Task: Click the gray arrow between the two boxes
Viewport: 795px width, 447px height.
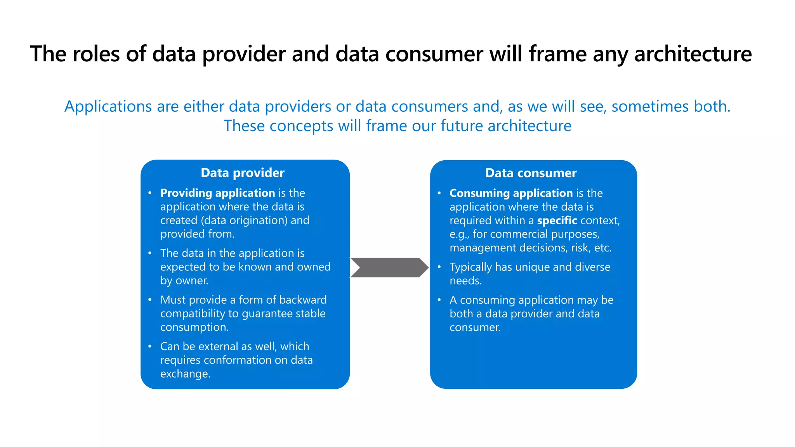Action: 389,267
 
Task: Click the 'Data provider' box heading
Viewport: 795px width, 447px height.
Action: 243,173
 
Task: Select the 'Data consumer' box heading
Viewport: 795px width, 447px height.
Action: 531,173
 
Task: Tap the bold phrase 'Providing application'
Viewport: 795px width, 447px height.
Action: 217,193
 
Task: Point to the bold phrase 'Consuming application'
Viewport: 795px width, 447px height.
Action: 511,193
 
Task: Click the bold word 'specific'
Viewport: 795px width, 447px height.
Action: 557,220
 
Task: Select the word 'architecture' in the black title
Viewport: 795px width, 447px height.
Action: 693,54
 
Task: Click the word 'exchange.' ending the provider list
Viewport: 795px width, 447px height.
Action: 185,374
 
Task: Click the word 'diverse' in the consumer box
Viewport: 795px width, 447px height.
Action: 592,267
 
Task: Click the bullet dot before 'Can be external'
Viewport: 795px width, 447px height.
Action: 150,346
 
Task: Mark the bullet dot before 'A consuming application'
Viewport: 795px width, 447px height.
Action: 439,300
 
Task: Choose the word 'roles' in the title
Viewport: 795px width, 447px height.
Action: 96,54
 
